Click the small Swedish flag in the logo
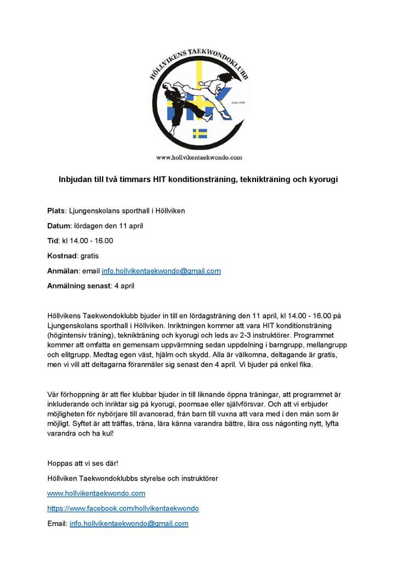point(200,133)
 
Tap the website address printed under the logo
point(199,157)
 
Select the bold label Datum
point(59,225)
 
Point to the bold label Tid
point(53,240)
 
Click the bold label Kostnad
point(62,256)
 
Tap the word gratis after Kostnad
point(89,256)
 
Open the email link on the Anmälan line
point(161,271)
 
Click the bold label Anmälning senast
point(78,286)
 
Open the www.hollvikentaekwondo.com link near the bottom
point(96,494)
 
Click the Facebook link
point(123,508)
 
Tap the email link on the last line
point(129,524)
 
